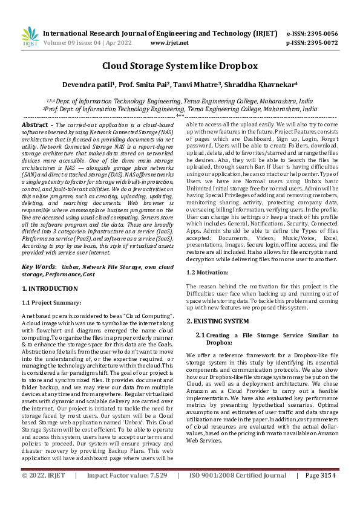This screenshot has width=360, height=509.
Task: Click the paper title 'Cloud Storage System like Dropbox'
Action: (180, 66)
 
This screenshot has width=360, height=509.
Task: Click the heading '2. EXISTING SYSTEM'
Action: (217, 320)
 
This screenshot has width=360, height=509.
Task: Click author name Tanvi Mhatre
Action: (196, 85)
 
